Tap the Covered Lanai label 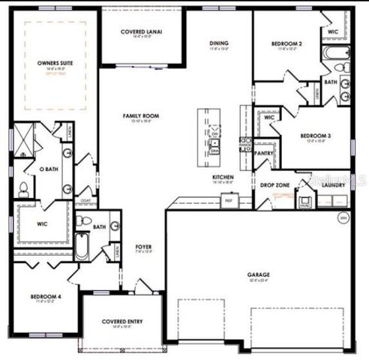click(x=142, y=32)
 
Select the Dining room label click(x=219, y=43)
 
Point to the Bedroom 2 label click(x=289, y=43)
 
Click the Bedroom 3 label click(x=316, y=136)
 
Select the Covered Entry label click(x=122, y=322)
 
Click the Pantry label click(x=263, y=153)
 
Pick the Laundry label click(x=333, y=184)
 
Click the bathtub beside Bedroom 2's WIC click(x=334, y=52)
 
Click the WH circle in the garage click(x=343, y=218)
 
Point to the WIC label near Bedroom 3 click(x=268, y=118)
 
